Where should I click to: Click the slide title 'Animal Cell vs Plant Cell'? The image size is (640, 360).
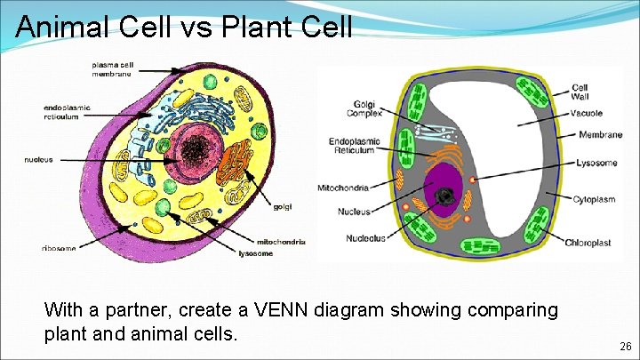[x=184, y=27]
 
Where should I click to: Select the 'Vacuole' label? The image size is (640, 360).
[x=587, y=113]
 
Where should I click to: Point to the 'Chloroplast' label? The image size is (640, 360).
[x=588, y=242]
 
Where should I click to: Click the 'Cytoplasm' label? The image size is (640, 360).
[x=594, y=199]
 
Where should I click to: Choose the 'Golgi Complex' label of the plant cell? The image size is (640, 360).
[x=367, y=108]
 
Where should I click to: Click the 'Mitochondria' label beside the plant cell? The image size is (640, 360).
[x=343, y=188]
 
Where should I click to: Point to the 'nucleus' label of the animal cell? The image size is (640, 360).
[x=39, y=160]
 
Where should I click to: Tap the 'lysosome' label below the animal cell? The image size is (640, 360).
[x=256, y=253]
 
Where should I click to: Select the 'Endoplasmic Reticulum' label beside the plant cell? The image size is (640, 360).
[x=355, y=147]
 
